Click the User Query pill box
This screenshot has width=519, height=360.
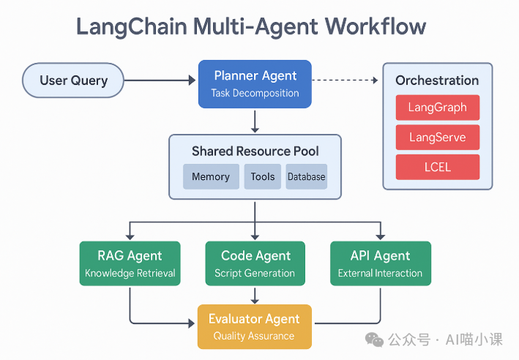coord(72,80)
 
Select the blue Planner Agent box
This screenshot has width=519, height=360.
coord(255,83)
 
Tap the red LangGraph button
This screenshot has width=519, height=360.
coord(437,108)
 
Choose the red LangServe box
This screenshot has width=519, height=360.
coord(437,138)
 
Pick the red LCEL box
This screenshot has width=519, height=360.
coord(437,167)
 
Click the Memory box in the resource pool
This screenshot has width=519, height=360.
coord(211,176)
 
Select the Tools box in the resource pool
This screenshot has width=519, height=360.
coord(262,176)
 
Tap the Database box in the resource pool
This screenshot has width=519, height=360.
coord(306,176)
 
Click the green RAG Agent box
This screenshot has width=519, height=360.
coord(130,263)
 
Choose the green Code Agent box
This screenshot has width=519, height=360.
coord(255,263)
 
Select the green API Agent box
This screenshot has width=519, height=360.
coord(380,263)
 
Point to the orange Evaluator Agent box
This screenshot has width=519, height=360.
coord(254,326)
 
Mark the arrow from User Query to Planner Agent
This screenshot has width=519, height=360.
coord(160,80)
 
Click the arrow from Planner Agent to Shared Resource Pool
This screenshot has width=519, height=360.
coord(255,121)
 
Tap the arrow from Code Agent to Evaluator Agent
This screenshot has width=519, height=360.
coord(255,295)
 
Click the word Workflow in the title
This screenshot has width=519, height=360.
coord(376,27)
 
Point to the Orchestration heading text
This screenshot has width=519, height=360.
coord(437,80)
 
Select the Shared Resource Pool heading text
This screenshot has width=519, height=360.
coord(255,151)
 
